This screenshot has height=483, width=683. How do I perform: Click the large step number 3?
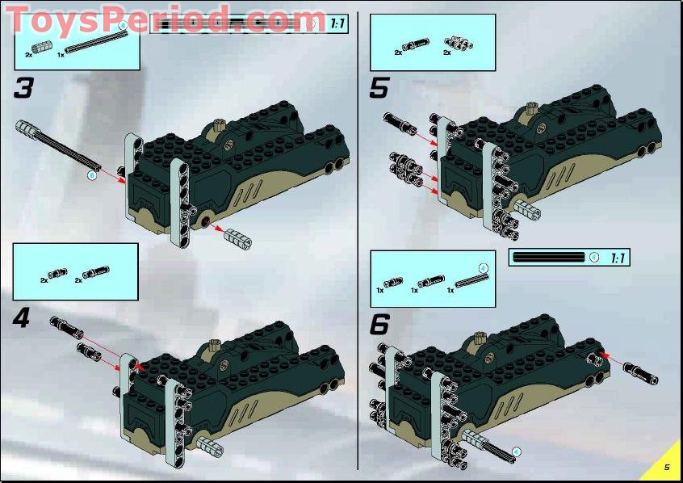[23, 88]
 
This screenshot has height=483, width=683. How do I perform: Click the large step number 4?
[22, 318]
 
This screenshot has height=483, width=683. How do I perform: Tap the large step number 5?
[379, 88]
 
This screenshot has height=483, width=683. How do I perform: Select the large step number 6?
[379, 325]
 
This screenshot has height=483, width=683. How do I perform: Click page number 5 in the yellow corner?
[667, 467]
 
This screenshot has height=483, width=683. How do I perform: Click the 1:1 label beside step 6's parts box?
[618, 258]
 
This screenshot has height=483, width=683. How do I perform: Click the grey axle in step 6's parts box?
[469, 279]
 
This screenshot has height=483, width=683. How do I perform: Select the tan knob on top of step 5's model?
[531, 107]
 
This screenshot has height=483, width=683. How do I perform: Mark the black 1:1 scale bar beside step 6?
[549, 258]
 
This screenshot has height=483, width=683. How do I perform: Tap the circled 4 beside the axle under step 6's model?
[516, 451]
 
